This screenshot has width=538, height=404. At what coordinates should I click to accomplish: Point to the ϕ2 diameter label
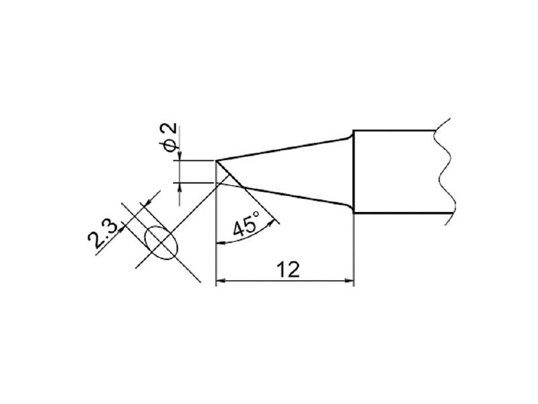point(170,137)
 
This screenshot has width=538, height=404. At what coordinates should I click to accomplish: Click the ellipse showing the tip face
point(161,242)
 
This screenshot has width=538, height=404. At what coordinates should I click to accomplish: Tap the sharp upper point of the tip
point(217,160)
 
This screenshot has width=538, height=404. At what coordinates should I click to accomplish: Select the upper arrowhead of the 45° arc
point(272,218)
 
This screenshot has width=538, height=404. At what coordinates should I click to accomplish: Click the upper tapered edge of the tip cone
point(282,149)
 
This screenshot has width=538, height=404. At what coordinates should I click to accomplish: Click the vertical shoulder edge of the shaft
point(354,172)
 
